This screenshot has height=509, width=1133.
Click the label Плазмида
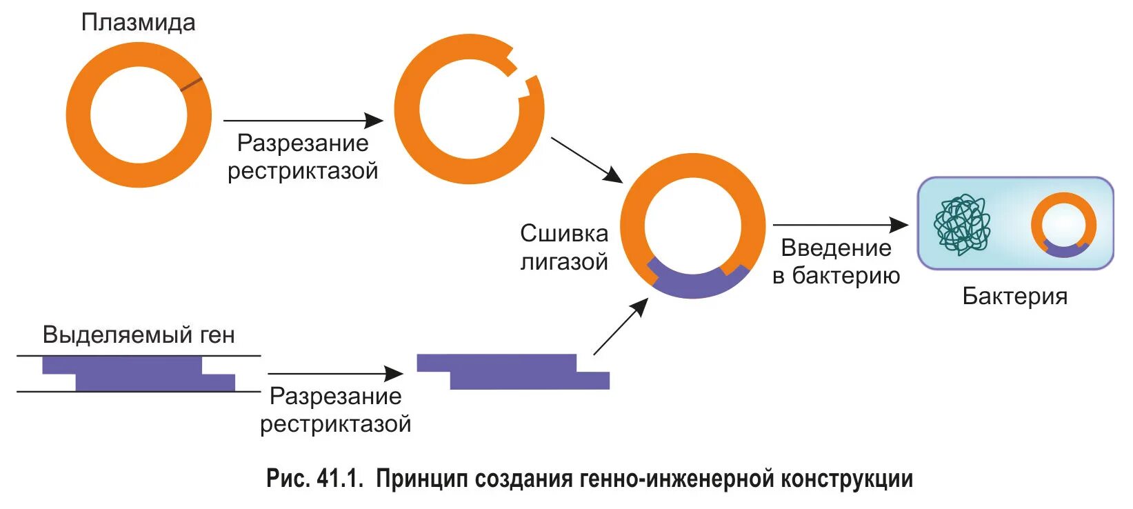click(x=138, y=23)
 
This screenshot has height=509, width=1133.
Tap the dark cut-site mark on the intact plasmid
click(x=192, y=85)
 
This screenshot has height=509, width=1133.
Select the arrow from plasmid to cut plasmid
click(x=303, y=121)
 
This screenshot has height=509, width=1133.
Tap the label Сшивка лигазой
click(x=563, y=248)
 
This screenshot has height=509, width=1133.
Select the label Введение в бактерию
click(x=836, y=262)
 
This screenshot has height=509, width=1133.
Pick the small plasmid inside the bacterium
click(x=1063, y=225)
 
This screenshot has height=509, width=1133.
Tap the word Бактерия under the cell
click(x=1014, y=297)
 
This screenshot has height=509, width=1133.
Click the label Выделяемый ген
click(x=139, y=335)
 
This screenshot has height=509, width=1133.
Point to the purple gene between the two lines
click(x=138, y=373)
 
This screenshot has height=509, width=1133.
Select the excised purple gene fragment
click(x=512, y=372)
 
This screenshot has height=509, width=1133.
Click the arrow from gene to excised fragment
click(x=335, y=374)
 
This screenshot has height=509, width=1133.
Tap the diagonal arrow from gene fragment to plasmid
click(x=620, y=327)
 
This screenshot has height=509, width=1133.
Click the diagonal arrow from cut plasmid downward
click(x=586, y=159)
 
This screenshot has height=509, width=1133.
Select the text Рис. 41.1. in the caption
click(x=314, y=479)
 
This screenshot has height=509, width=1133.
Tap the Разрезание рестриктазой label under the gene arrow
click(x=335, y=410)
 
